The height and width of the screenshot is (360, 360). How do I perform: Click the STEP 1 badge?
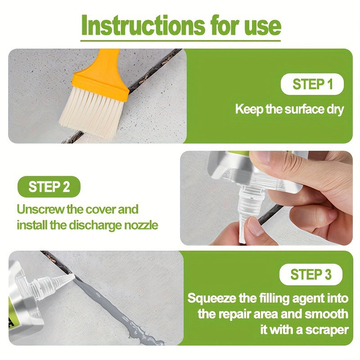click(312, 84)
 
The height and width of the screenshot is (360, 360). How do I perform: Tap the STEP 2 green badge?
click(49, 186)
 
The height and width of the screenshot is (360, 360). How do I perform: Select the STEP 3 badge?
click(311, 274)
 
